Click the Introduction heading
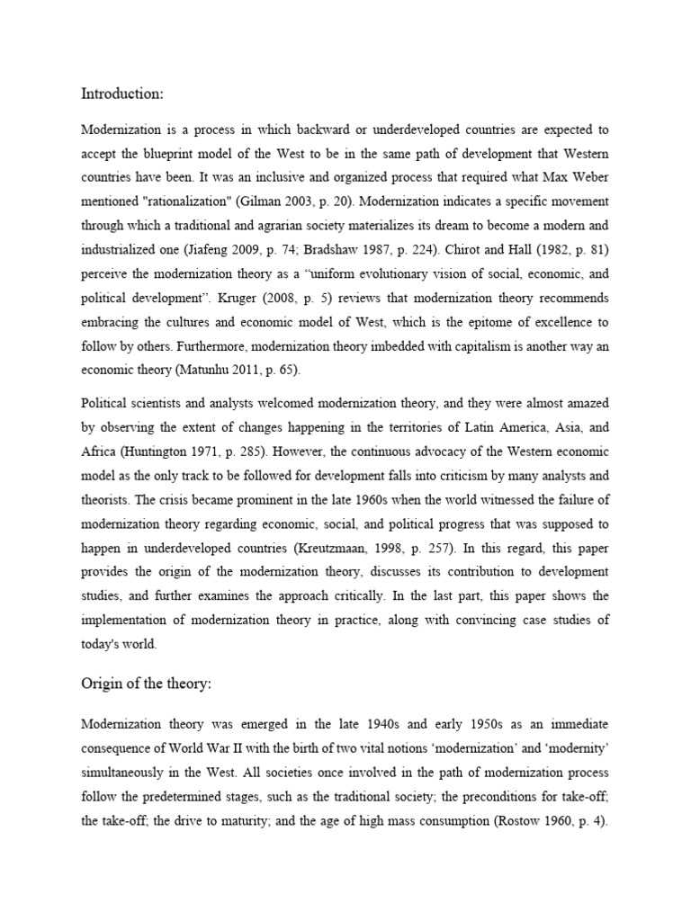tap(122, 93)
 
